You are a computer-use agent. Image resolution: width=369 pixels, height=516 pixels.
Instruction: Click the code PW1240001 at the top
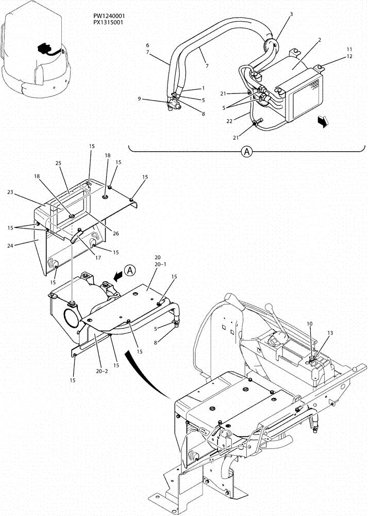click(106, 16)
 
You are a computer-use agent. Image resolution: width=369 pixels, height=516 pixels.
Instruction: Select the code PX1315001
click(106, 23)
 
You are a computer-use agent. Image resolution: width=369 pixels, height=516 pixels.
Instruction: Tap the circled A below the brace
click(247, 152)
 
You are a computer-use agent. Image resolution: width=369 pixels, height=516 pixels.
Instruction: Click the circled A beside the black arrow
click(130, 269)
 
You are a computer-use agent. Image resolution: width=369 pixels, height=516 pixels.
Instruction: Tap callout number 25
click(59, 163)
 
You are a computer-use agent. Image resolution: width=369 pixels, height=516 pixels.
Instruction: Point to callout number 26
click(116, 233)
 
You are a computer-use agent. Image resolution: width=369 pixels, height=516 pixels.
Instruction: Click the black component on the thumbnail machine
click(45, 50)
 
